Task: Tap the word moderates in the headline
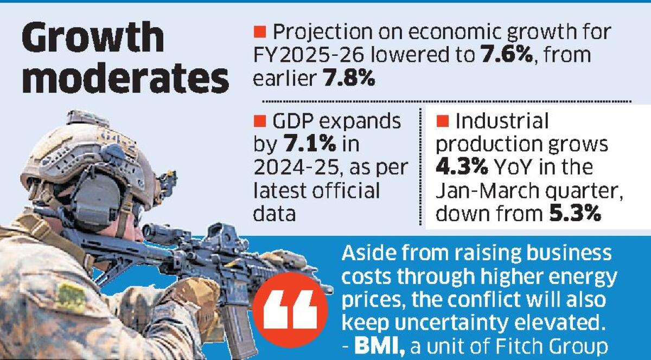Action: [125, 78]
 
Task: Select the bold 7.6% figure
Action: [507, 54]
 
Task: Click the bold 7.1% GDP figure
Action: [310, 144]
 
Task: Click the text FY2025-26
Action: [309, 55]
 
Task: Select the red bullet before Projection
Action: [260, 31]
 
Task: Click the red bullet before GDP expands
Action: [260, 121]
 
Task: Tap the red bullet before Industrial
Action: [443, 121]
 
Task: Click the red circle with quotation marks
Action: [290, 310]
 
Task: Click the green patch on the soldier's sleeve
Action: [72, 297]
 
